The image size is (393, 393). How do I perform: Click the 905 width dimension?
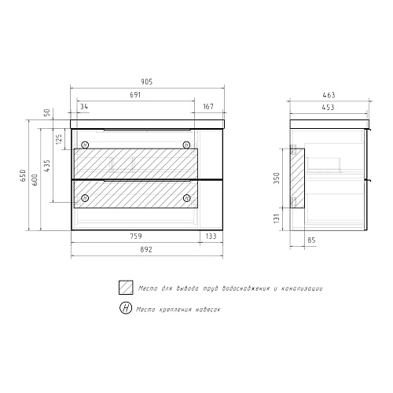pos(147,82)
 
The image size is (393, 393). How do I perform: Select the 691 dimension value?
pos(135,94)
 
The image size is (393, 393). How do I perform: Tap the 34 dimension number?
pos(84,107)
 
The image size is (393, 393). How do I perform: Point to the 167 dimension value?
pos(208,107)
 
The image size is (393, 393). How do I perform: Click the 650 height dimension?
pos(23,175)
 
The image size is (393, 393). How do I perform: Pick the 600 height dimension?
pos(35,180)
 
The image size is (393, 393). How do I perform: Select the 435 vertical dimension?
pos(46,166)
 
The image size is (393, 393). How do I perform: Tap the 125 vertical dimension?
pos(59,139)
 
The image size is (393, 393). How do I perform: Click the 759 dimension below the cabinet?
pos(136,237)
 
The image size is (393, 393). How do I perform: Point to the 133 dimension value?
pos(211,237)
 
